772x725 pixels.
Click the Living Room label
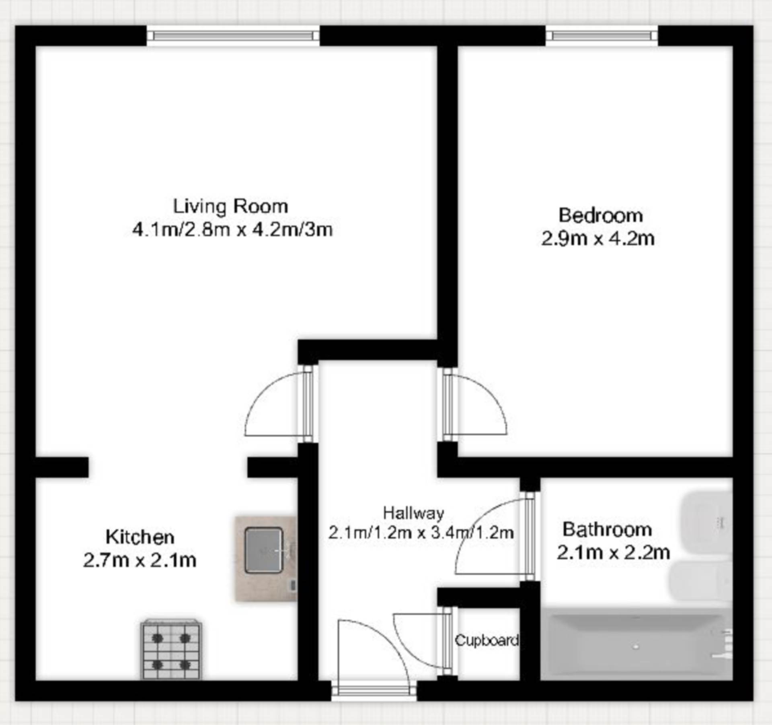coord(230,207)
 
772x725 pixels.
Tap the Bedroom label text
coord(601,215)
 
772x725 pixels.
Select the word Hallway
coord(413,513)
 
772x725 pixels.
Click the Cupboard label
coord(487,640)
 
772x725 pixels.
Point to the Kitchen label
coord(140,537)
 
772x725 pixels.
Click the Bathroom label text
coord(607,529)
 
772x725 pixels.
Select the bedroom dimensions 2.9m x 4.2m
coord(598,239)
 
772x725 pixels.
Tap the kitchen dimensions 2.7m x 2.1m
coord(140,560)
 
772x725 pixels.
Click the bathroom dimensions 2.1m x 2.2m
coord(613,552)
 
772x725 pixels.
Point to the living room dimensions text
coord(233,230)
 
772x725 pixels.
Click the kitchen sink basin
coord(264,550)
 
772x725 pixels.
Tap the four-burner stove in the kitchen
coord(171,649)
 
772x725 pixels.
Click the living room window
coord(233,36)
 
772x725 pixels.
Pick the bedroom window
coord(602,36)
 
